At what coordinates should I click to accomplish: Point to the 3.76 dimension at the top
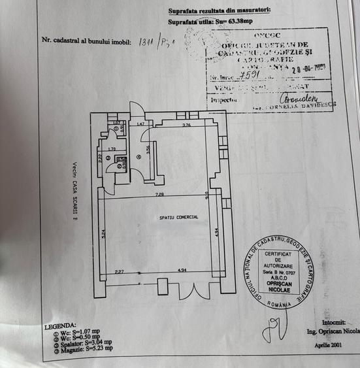coord(186,125)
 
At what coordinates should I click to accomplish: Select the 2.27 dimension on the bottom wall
coord(119,271)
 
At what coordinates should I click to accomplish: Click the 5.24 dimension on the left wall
coord(104,234)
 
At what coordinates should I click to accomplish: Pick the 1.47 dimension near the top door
coord(140,124)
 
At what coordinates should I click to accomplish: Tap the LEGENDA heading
coord(60,324)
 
